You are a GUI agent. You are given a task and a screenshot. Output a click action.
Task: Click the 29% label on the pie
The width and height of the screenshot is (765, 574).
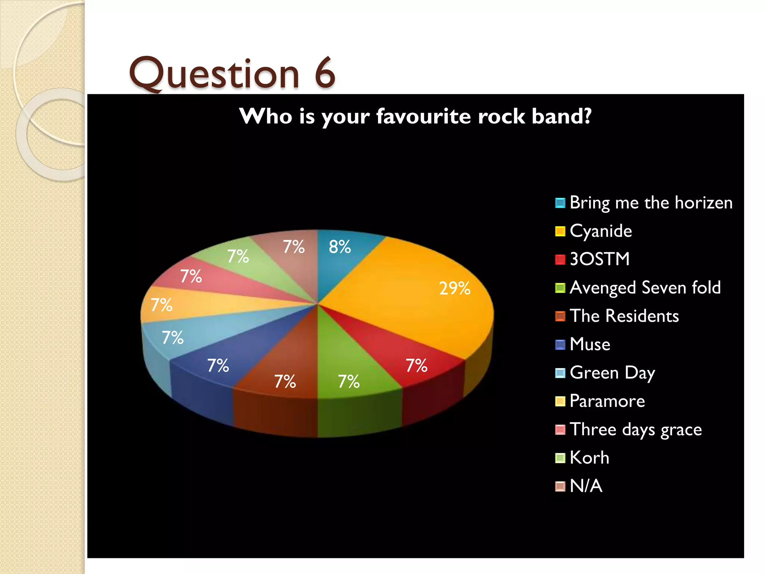pyautogui.click(x=455, y=288)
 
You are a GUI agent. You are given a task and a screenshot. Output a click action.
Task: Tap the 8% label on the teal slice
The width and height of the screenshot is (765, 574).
pyautogui.click(x=340, y=247)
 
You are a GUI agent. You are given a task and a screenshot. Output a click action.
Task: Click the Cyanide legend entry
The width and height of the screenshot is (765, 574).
pyautogui.click(x=601, y=231)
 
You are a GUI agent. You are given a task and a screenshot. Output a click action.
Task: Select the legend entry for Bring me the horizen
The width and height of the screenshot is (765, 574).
pyautogui.click(x=651, y=203)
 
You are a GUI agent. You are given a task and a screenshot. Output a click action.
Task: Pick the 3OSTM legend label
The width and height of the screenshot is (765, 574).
pyautogui.click(x=600, y=259)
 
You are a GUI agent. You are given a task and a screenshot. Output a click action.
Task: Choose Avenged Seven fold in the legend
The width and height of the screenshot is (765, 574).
pyautogui.click(x=645, y=287)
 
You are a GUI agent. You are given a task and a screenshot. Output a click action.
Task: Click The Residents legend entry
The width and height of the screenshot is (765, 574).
pyautogui.click(x=624, y=316)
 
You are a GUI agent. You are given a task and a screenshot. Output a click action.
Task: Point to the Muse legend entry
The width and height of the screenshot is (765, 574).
pyautogui.click(x=590, y=344)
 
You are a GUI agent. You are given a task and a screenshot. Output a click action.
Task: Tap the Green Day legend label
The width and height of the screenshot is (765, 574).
pyautogui.click(x=612, y=373)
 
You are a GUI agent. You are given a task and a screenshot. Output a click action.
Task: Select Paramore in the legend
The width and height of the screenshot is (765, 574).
pyautogui.click(x=607, y=401)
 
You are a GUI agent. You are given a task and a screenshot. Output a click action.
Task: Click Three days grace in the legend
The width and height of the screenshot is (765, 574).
pyautogui.click(x=635, y=429)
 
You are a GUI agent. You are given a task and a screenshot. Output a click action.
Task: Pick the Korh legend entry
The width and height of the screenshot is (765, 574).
pyautogui.click(x=589, y=458)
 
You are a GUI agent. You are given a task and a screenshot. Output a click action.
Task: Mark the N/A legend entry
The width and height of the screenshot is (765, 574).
pyautogui.click(x=586, y=486)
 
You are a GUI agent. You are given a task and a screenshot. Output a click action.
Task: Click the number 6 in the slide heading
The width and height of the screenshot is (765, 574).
pyautogui.click(x=325, y=73)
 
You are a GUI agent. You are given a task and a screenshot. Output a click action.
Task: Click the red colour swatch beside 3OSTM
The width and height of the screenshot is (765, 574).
pyautogui.click(x=560, y=259)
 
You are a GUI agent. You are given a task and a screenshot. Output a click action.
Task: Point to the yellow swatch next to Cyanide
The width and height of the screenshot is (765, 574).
pyautogui.click(x=560, y=231)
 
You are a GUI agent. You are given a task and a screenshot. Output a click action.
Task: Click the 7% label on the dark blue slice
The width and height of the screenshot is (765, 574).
pyautogui.click(x=218, y=365)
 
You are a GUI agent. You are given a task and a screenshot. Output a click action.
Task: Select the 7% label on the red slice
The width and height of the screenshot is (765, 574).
pyautogui.click(x=416, y=365)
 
